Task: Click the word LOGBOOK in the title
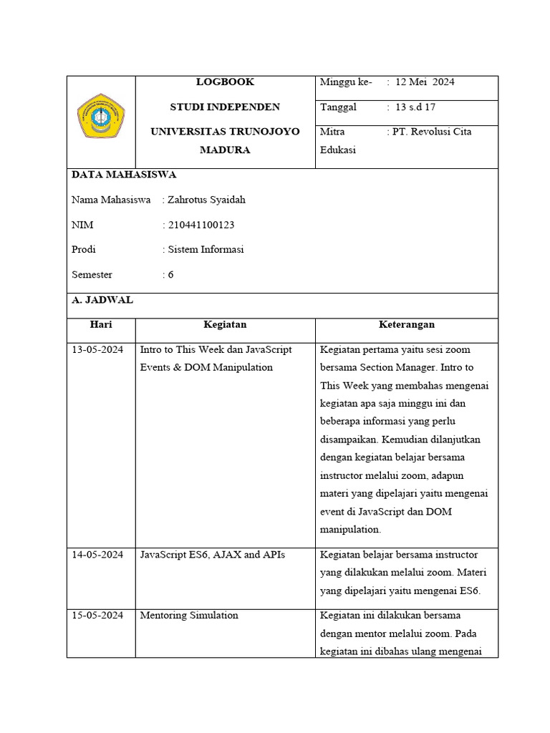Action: [225, 82]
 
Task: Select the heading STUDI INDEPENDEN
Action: [225, 107]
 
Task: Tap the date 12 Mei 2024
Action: [425, 82]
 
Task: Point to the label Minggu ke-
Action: [346, 82]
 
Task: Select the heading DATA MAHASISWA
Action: [124, 175]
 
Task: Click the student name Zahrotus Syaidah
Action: [206, 200]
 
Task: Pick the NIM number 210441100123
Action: [201, 225]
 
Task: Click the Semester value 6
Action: [170, 274]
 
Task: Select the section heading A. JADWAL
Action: [102, 300]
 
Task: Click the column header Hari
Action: [101, 324]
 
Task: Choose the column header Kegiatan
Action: [225, 324]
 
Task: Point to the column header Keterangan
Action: [407, 324]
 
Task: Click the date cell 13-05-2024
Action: [97, 350]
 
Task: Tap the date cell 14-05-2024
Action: [97, 555]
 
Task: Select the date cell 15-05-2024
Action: [97, 616]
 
